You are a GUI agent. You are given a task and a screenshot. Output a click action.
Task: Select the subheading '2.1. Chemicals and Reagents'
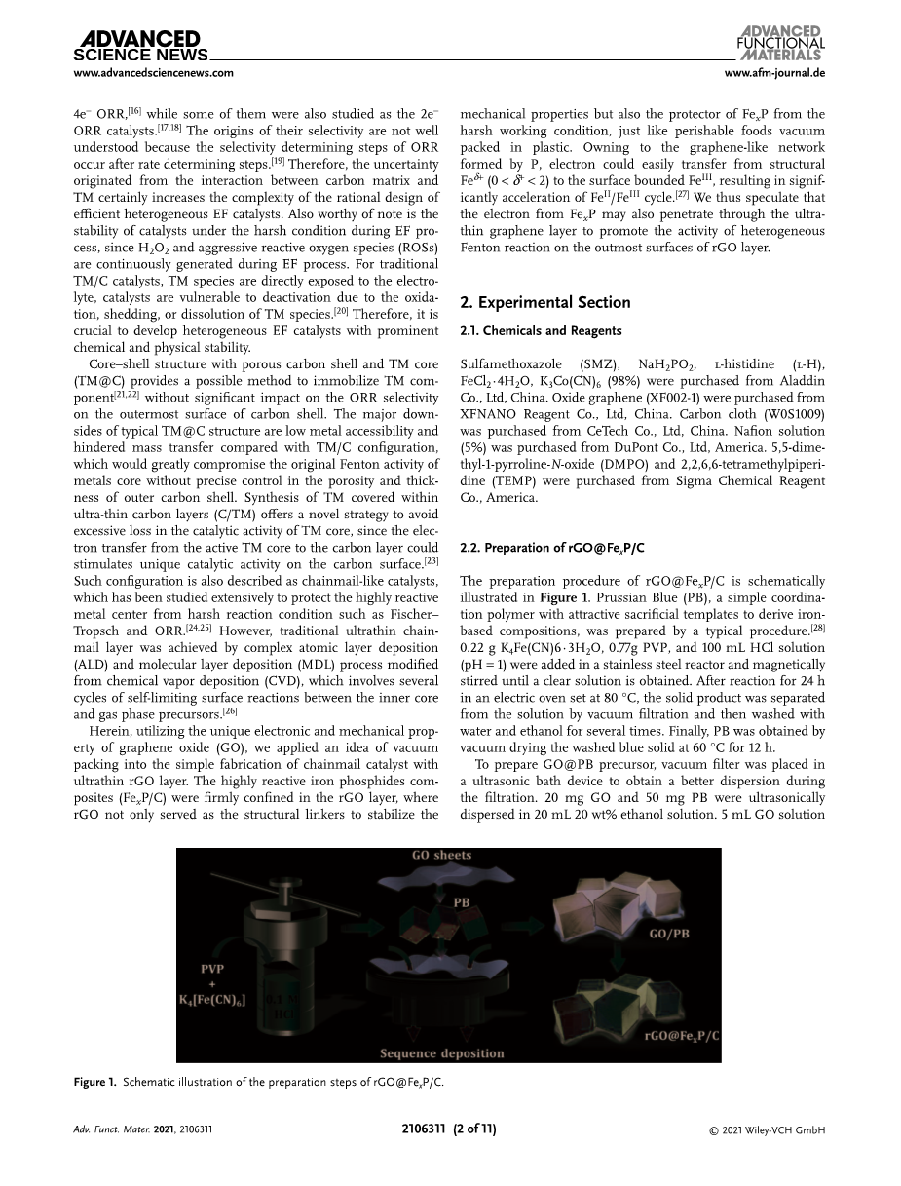(541, 331)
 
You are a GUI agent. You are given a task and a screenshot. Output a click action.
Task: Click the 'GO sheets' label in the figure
(438, 856)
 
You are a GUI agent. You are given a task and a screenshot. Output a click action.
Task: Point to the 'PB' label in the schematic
(463, 901)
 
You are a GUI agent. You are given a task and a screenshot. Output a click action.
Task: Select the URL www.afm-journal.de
(775, 73)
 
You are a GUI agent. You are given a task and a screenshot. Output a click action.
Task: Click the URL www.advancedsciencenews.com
(154, 73)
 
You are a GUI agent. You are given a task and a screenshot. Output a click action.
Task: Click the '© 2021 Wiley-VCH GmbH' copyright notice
(769, 1130)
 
